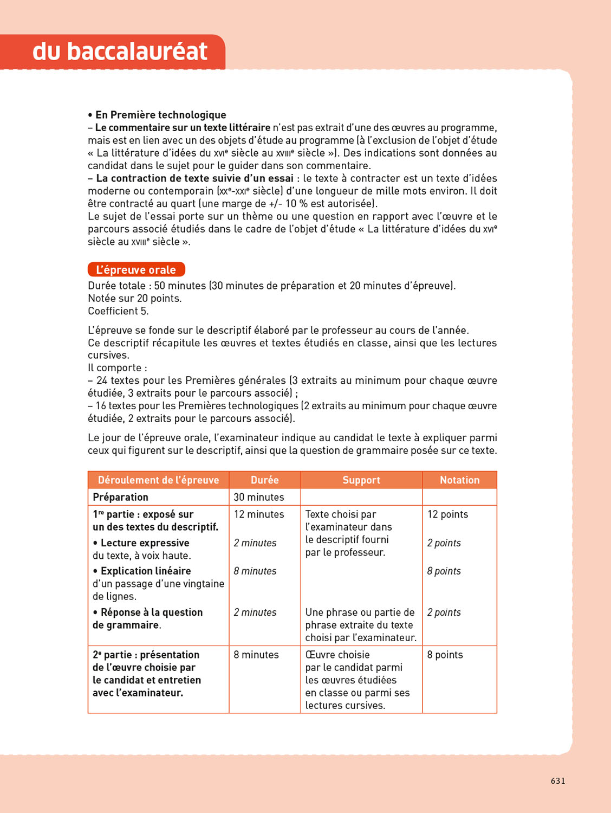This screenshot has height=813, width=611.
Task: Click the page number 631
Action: tap(558, 781)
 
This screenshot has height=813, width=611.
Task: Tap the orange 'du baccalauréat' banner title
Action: tap(120, 51)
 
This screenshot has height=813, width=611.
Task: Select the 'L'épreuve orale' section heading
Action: tap(136, 270)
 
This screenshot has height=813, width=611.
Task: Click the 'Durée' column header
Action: tap(264, 480)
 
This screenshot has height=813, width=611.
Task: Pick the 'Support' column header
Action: tap(361, 480)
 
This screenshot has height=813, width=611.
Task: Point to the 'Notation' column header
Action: tap(459, 480)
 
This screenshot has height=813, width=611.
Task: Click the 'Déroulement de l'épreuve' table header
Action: tap(158, 480)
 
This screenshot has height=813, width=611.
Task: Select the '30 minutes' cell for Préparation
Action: tap(259, 497)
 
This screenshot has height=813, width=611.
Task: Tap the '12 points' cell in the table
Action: tap(447, 514)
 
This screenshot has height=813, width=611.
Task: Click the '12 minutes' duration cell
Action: tap(259, 514)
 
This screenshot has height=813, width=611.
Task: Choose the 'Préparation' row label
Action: tap(120, 497)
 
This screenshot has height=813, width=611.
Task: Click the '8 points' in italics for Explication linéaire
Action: tap(444, 571)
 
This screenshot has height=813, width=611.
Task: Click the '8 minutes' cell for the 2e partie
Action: tap(256, 655)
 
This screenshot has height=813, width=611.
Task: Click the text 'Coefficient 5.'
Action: tap(118, 311)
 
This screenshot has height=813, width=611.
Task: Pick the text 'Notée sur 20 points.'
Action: tap(135, 299)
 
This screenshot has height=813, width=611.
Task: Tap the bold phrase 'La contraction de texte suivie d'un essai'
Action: tap(194, 178)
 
